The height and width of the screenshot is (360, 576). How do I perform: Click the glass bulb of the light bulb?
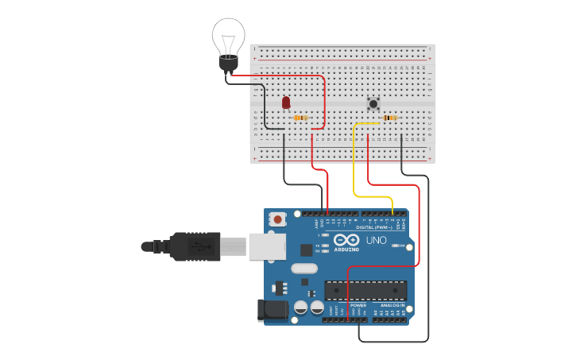228,36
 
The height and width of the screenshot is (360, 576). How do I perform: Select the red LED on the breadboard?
286,103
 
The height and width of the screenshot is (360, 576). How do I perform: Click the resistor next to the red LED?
301,118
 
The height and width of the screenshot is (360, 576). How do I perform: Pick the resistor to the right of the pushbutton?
390,118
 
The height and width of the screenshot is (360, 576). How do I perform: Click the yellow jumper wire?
354,167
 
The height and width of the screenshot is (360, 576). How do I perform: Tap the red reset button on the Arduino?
277,219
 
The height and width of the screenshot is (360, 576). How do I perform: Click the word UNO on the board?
376,240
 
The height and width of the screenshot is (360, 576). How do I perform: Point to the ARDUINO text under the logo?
346,250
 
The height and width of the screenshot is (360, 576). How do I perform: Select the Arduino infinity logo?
346,240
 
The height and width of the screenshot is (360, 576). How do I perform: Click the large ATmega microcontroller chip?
365,292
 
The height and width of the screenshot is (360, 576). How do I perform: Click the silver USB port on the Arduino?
266,246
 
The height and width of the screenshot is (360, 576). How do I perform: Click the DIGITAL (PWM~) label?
373,227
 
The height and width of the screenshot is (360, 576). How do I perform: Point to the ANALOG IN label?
392,305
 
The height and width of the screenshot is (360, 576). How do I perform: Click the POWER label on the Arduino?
358,305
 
